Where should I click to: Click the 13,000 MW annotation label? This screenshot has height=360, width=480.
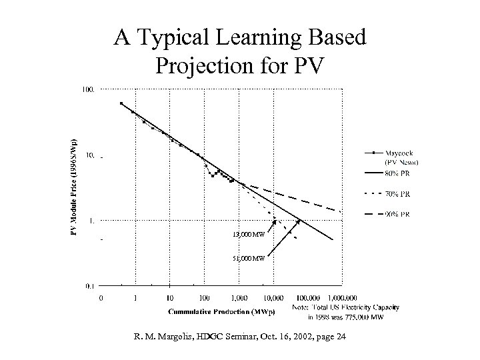(247, 235)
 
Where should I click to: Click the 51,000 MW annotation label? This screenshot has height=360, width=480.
(247, 258)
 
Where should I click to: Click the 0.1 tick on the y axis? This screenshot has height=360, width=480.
(89, 285)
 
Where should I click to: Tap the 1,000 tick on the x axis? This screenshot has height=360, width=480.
(238, 299)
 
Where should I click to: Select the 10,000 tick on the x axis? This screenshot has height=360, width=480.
(273, 299)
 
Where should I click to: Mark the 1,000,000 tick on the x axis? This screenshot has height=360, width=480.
(340, 299)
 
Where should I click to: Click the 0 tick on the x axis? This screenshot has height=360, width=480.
(101, 299)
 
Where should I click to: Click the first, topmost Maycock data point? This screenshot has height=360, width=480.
(121, 103)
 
